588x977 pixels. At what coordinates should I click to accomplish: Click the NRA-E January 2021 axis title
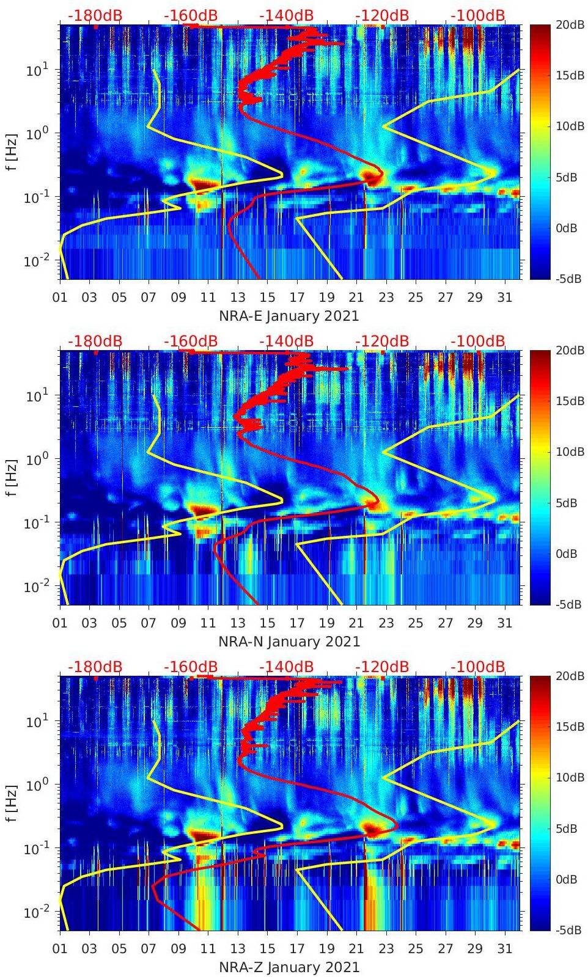[288, 316]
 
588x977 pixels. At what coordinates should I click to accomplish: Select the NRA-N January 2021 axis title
[289, 642]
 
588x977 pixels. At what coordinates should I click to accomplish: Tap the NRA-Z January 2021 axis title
[289, 967]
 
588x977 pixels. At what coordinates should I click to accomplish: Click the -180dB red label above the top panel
[95, 15]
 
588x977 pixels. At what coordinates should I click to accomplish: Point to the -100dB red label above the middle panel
[478, 341]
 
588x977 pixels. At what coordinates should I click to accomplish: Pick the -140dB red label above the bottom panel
[286, 667]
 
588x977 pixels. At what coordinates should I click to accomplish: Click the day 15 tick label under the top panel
[267, 298]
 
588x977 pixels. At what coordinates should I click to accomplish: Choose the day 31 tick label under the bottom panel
[504, 949]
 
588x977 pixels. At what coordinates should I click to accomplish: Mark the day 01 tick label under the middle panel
[60, 623]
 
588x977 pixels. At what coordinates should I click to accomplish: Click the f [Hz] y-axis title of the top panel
[12, 152]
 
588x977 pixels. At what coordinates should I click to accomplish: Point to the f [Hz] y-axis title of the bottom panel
[12, 803]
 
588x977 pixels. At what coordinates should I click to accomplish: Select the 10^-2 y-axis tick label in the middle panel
[35, 587]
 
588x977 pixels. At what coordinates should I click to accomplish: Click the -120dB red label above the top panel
[382, 15]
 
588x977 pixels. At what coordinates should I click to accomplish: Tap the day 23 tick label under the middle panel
[386, 623]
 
